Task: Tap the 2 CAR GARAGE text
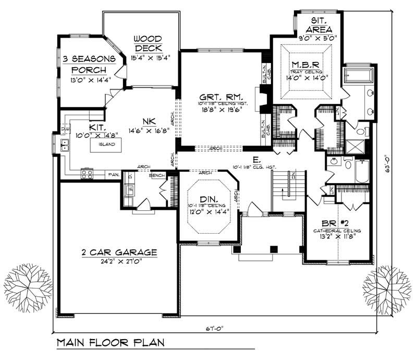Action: [x=119, y=252]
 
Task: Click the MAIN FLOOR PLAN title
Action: [x=111, y=343]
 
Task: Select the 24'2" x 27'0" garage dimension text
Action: [x=119, y=261]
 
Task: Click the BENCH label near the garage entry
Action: [x=157, y=176]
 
